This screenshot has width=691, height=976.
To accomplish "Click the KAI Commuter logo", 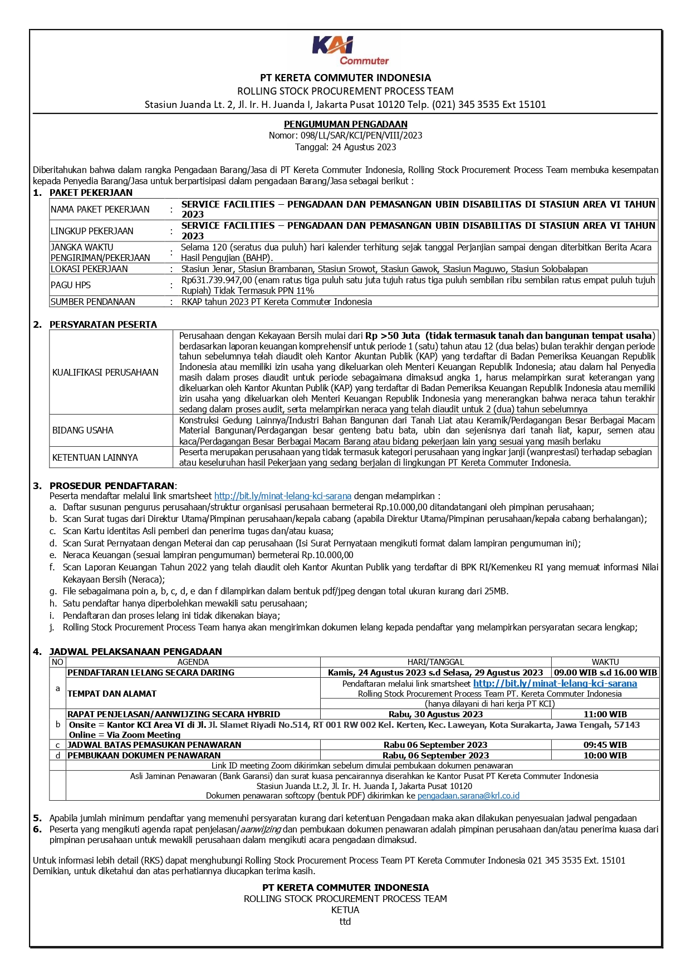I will click(x=350, y=51).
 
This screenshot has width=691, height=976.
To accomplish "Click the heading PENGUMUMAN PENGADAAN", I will click(x=345, y=124).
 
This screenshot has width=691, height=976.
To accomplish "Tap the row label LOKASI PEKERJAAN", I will click(x=89, y=269).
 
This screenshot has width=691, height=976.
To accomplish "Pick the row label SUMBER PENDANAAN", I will click(x=92, y=302).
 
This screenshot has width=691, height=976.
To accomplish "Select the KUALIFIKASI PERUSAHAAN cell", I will click(x=105, y=372).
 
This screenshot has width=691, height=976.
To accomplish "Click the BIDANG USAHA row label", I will click(x=83, y=430).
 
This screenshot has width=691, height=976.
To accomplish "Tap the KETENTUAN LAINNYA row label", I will click(x=95, y=457).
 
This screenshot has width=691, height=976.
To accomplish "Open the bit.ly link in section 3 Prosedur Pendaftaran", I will click(x=282, y=496).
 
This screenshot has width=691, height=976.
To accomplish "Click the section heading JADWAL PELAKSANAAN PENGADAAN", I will click(x=135, y=651).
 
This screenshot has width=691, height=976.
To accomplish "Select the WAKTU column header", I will click(x=605, y=662).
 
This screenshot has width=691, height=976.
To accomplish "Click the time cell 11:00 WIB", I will click(x=605, y=714).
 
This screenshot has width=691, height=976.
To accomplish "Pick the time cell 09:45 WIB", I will click(x=605, y=745).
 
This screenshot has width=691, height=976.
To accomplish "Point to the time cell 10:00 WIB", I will click(x=605, y=755).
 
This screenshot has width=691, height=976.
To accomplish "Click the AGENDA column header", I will click(x=193, y=662).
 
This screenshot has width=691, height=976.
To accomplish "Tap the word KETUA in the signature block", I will click(x=345, y=910).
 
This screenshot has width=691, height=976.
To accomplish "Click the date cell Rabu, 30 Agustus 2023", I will click(x=435, y=714).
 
